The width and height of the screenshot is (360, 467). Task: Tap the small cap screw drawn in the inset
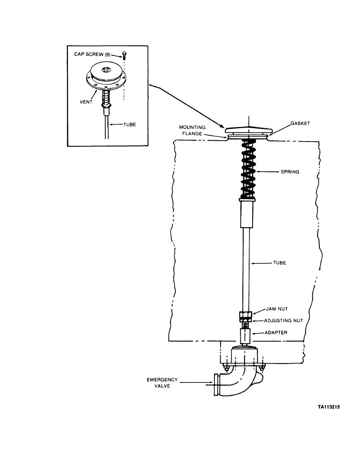(124, 55)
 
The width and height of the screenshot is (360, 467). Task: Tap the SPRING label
(290, 171)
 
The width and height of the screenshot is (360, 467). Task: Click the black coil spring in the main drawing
(247, 169)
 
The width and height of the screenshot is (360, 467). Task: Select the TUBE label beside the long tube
(279, 263)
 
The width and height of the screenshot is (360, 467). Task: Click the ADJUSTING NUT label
(283, 320)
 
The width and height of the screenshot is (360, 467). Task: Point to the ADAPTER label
(276, 333)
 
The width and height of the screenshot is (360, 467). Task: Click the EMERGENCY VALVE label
(162, 383)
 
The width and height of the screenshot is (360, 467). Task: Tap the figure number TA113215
(329, 407)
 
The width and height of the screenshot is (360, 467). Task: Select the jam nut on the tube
(245, 315)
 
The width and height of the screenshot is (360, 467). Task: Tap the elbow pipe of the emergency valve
(236, 381)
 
